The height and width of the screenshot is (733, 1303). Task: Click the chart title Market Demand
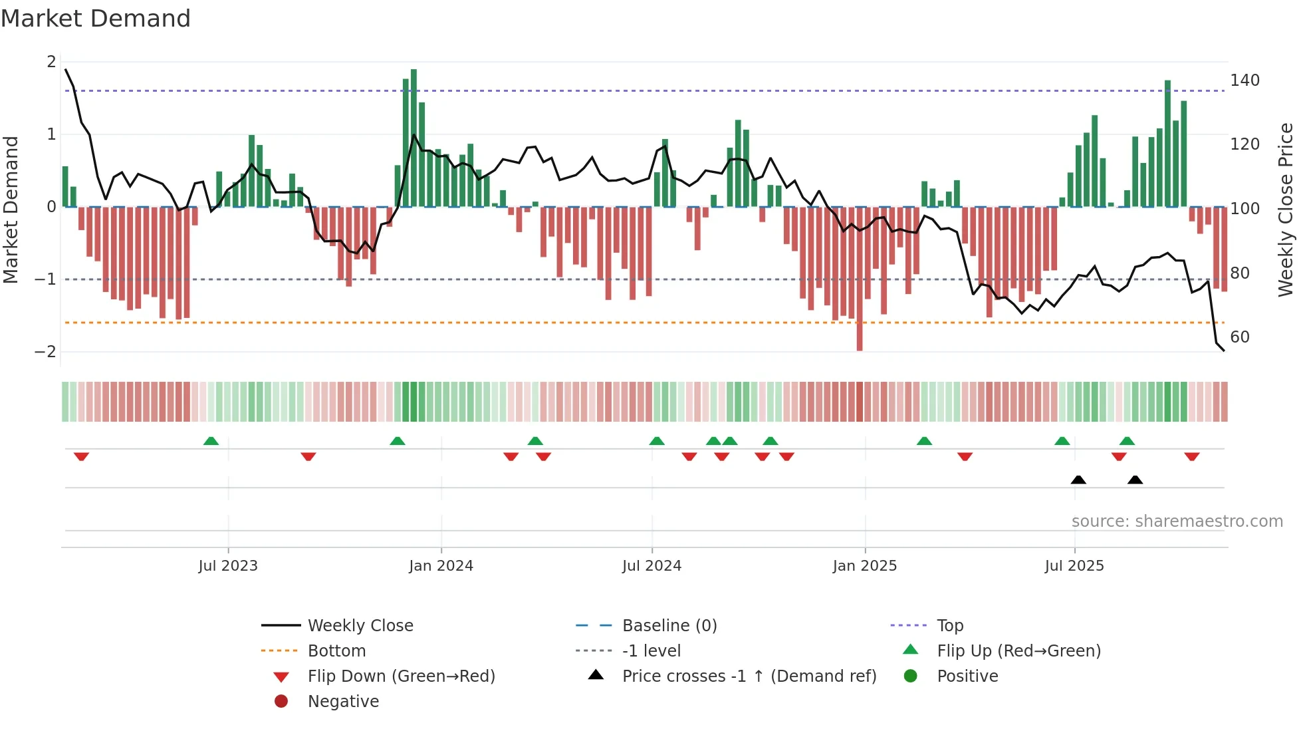point(96,19)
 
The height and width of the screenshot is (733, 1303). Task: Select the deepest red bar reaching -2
point(860,279)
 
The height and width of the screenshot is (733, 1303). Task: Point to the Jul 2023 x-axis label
point(228,566)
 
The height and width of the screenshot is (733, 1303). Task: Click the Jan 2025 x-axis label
point(864,566)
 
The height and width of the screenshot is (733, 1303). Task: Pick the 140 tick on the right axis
point(1244,80)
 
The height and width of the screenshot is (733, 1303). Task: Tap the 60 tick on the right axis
point(1239,337)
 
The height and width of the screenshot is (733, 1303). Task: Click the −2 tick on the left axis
point(45,352)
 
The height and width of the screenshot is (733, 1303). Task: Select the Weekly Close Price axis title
point(1286,210)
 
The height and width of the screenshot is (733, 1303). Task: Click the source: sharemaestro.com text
point(1177,521)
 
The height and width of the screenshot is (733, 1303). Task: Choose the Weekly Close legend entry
point(360,626)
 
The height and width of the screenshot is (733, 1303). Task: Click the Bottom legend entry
point(336,651)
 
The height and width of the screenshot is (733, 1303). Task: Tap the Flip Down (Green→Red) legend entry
point(401,676)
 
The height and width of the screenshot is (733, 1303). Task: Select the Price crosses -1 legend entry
point(749,676)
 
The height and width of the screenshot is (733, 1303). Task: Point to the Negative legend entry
point(343,702)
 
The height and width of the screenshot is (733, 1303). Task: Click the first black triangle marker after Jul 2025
point(1078,480)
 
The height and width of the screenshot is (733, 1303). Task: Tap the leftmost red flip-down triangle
point(81,456)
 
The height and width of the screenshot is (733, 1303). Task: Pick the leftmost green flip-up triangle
point(211,441)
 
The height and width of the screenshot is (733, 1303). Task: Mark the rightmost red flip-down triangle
point(1191,456)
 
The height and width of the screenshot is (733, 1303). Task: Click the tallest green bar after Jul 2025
point(1167,143)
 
